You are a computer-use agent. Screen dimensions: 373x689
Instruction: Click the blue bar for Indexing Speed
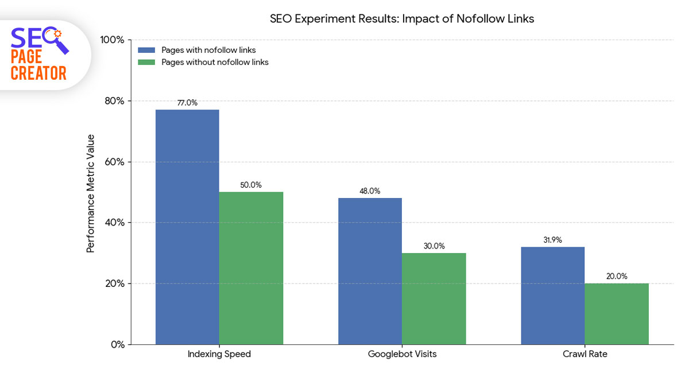(187, 227)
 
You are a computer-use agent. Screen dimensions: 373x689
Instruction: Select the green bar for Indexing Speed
(251, 268)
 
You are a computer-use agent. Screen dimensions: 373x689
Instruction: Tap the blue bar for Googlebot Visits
(370, 271)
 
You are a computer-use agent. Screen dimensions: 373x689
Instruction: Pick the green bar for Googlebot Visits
(433, 298)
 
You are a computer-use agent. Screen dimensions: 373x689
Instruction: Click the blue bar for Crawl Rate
(552, 296)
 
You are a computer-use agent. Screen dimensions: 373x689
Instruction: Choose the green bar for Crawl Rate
(617, 314)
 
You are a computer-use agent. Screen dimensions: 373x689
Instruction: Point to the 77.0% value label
(187, 103)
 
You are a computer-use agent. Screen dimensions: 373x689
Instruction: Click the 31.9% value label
(552, 240)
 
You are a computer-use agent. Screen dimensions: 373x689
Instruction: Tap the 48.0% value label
(370, 191)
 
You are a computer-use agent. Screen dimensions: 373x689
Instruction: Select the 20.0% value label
(617, 277)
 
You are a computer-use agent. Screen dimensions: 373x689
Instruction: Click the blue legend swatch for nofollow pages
(146, 50)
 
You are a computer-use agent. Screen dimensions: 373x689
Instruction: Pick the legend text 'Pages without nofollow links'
(215, 63)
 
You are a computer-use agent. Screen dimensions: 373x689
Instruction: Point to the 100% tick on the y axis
(112, 40)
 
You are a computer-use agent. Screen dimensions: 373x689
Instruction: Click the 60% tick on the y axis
(114, 162)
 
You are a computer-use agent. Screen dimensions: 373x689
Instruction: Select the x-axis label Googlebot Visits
(402, 354)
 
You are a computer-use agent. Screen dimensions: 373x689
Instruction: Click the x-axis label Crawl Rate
(585, 354)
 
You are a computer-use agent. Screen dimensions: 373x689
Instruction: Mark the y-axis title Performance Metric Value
(90, 193)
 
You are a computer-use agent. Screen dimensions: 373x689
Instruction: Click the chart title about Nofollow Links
(402, 19)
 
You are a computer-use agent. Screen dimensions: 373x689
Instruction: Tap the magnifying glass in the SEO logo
(58, 40)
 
